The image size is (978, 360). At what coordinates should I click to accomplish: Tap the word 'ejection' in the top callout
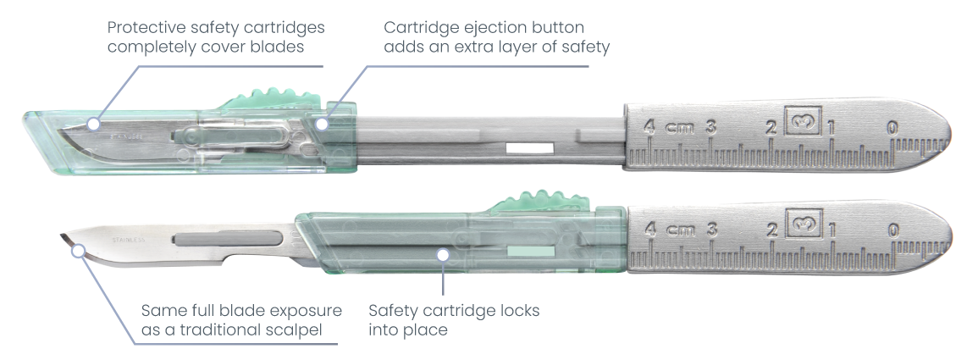point(489,28)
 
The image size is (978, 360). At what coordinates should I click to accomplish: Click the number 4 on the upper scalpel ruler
point(649,128)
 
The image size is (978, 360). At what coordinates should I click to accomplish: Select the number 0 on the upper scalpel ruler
point(892,128)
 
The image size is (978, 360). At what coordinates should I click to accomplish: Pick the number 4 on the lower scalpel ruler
point(649,229)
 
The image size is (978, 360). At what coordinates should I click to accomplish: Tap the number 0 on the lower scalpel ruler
point(892,229)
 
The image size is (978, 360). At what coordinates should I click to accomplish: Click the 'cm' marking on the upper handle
point(679,129)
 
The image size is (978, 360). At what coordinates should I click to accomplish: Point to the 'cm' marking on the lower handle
point(679,230)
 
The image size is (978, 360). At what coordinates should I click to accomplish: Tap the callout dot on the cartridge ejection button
point(321,124)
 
